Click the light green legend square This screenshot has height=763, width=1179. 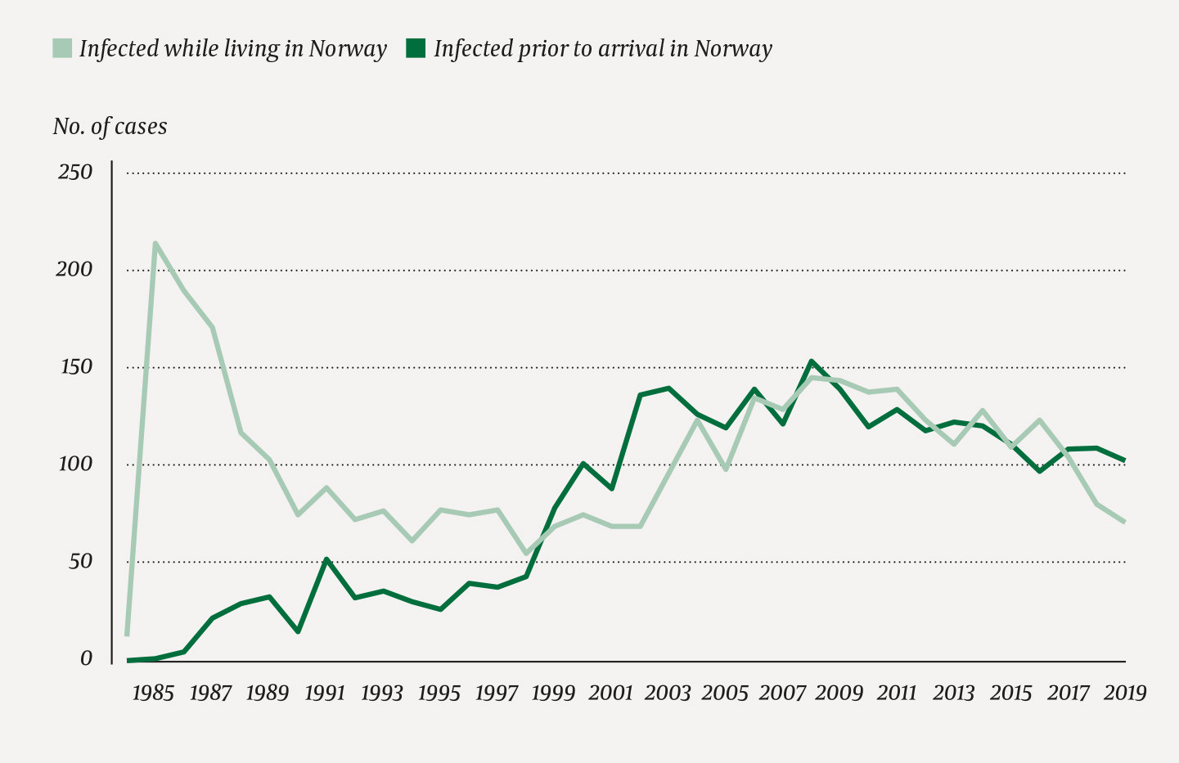(x=63, y=48)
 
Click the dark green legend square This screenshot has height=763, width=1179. (x=416, y=48)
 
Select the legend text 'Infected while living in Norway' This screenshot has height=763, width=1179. (x=232, y=49)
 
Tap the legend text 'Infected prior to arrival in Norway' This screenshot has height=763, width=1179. (x=602, y=49)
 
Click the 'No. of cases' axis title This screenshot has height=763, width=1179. (x=110, y=127)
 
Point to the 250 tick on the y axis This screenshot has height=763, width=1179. (x=75, y=173)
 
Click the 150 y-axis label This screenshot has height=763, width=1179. (x=75, y=367)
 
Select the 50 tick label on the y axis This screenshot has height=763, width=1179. (x=79, y=562)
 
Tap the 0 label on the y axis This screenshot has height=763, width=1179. (x=86, y=659)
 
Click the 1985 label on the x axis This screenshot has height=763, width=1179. (x=153, y=693)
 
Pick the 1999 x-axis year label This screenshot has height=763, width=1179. (x=553, y=693)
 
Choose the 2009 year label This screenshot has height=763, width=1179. (x=839, y=693)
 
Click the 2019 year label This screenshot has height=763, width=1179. (x=1125, y=693)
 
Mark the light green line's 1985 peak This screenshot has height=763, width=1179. (x=155, y=243)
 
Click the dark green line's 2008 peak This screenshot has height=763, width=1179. (x=811, y=361)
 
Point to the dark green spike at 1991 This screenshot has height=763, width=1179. (x=326, y=559)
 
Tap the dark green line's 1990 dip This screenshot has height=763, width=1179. (x=298, y=631)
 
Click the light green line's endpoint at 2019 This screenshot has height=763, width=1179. (x=1124, y=521)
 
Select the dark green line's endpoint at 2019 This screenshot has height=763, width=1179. (x=1124, y=460)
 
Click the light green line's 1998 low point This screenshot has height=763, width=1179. (x=526, y=554)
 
